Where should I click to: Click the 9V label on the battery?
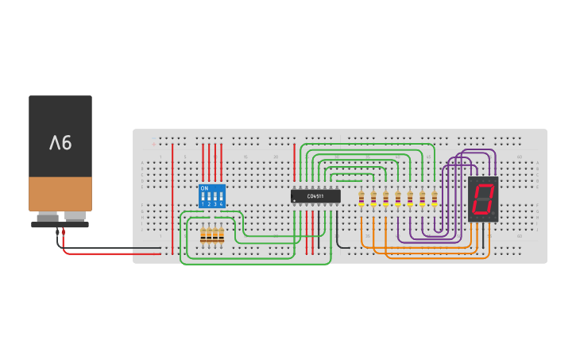(60, 143)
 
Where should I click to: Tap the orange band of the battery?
(60, 193)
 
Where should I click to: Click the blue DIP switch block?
(212, 196)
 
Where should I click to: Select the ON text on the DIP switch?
(204, 188)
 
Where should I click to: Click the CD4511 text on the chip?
(315, 195)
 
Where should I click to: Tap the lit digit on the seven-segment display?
(482, 199)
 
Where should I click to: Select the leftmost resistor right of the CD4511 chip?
(361, 199)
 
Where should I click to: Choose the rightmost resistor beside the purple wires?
(435, 199)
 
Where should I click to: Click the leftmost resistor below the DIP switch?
(203, 235)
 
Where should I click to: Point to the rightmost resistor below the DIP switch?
(221, 235)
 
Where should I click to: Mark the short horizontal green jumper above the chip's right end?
(350, 180)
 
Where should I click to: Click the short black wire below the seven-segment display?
(482, 235)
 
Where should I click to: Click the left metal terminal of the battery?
(48, 216)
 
